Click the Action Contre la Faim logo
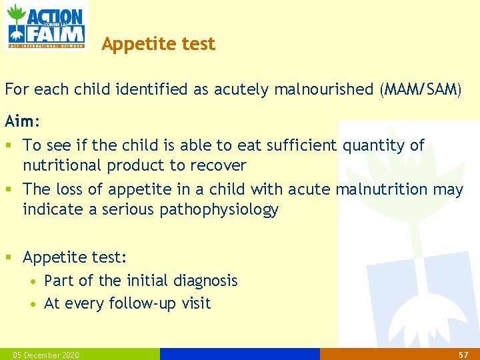pyautogui.click(x=45, y=26)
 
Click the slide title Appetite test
pyautogui.click(x=158, y=44)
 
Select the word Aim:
pyautogui.click(x=23, y=121)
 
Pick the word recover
pyautogui.click(x=219, y=165)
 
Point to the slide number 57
pyautogui.click(x=464, y=355)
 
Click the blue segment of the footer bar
pyautogui.click(x=240, y=354)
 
